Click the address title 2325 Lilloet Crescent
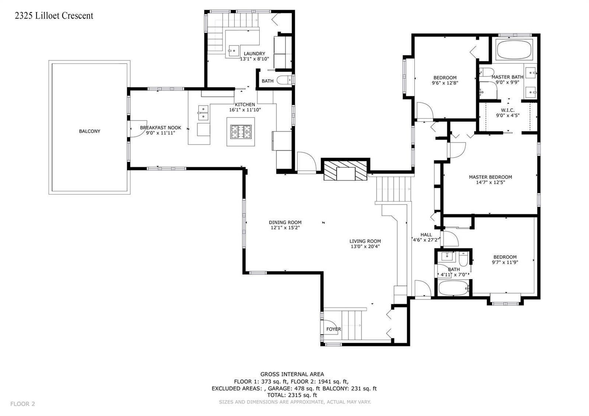click(x=54, y=16)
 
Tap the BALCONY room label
click(x=90, y=131)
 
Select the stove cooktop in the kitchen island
click(x=241, y=132)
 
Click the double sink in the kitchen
click(x=203, y=113)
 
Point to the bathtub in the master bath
click(x=514, y=50)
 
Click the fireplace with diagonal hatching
click(x=346, y=170)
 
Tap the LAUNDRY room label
click(x=254, y=54)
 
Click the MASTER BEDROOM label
click(x=490, y=177)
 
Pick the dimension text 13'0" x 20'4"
click(x=365, y=247)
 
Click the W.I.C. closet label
click(x=508, y=110)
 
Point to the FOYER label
click(x=334, y=329)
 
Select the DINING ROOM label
click(x=285, y=222)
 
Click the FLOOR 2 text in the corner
click(x=22, y=404)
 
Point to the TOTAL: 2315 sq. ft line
click(x=292, y=395)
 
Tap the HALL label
click(x=426, y=235)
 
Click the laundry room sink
click(x=233, y=51)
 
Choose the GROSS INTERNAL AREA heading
click(x=292, y=374)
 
